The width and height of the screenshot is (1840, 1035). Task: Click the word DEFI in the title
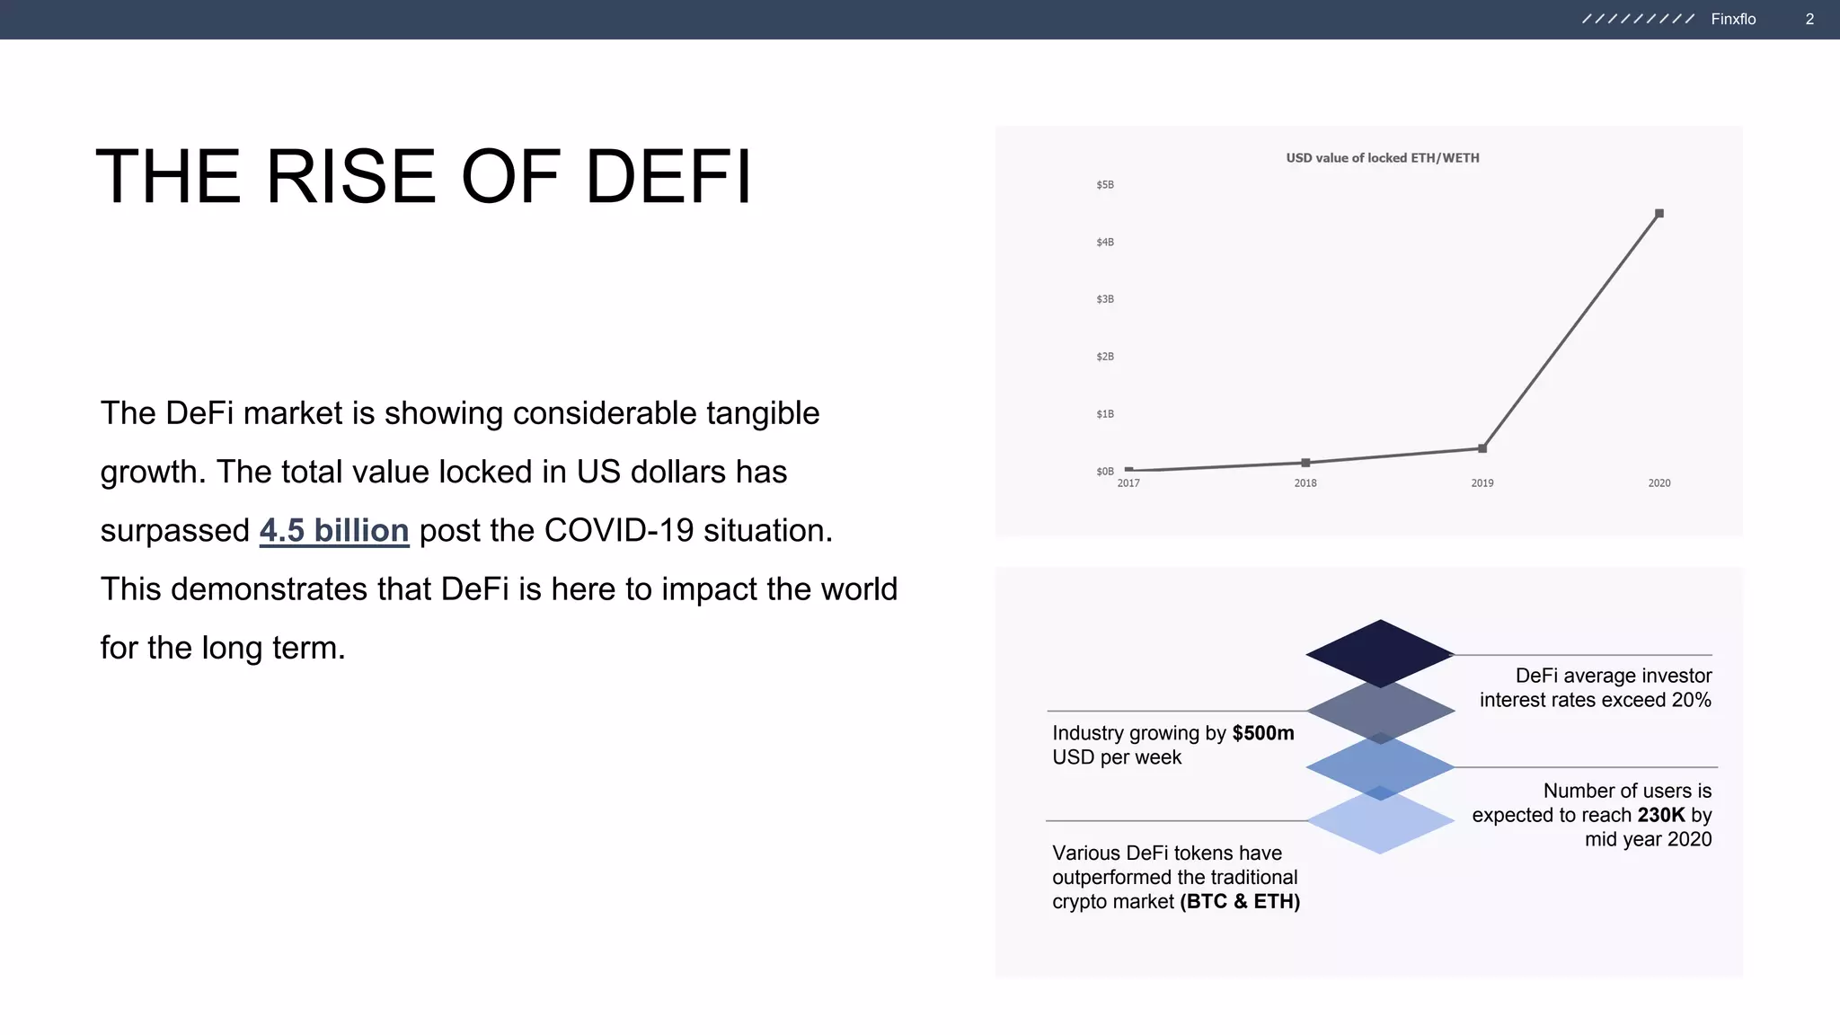[x=668, y=177]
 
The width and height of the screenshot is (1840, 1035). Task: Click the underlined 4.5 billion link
[x=334, y=531]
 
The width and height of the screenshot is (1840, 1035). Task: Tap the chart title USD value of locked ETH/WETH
[x=1382, y=158]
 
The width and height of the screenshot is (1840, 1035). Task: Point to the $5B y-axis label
[x=1104, y=185]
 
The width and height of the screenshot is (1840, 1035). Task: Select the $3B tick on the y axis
[x=1104, y=299]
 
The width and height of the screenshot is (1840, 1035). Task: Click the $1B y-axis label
[x=1104, y=414]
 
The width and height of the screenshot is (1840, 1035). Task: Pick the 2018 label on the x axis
[x=1305, y=483]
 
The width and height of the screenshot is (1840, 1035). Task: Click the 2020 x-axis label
[x=1659, y=483]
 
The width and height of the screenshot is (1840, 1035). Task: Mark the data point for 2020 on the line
[x=1659, y=214]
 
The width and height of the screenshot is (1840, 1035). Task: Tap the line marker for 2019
[x=1482, y=448]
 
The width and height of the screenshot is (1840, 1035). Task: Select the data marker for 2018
[x=1305, y=463]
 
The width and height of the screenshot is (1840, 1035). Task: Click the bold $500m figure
[x=1262, y=733]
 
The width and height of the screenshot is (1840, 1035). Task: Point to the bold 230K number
[x=1660, y=815]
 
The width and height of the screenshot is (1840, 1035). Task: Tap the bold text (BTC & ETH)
[x=1239, y=901]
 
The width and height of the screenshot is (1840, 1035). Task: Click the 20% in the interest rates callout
[x=1691, y=700]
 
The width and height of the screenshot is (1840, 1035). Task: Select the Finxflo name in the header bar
[x=1732, y=19]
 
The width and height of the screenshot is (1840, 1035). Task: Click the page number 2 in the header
[x=1809, y=19]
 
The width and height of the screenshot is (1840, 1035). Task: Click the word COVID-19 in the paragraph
[x=618, y=531]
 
